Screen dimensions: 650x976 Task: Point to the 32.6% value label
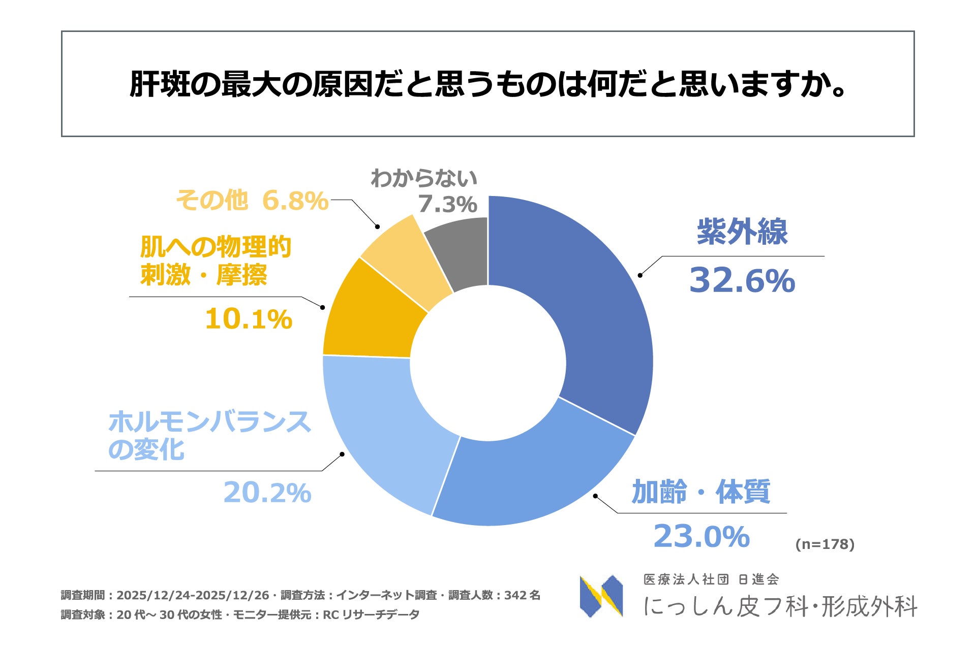point(742,280)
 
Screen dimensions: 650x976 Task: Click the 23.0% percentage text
point(701,536)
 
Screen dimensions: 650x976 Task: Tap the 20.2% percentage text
point(267,493)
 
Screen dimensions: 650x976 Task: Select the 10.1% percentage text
point(249,319)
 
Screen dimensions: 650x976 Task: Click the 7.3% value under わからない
point(447,204)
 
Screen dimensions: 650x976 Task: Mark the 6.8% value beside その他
point(295,201)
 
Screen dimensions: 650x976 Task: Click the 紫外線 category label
point(742,232)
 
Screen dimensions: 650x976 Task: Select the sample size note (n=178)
point(825,544)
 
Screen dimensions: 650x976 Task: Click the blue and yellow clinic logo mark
point(601,596)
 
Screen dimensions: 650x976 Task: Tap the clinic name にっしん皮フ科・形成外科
point(780,606)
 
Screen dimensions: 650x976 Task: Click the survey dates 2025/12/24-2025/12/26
point(193,595)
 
